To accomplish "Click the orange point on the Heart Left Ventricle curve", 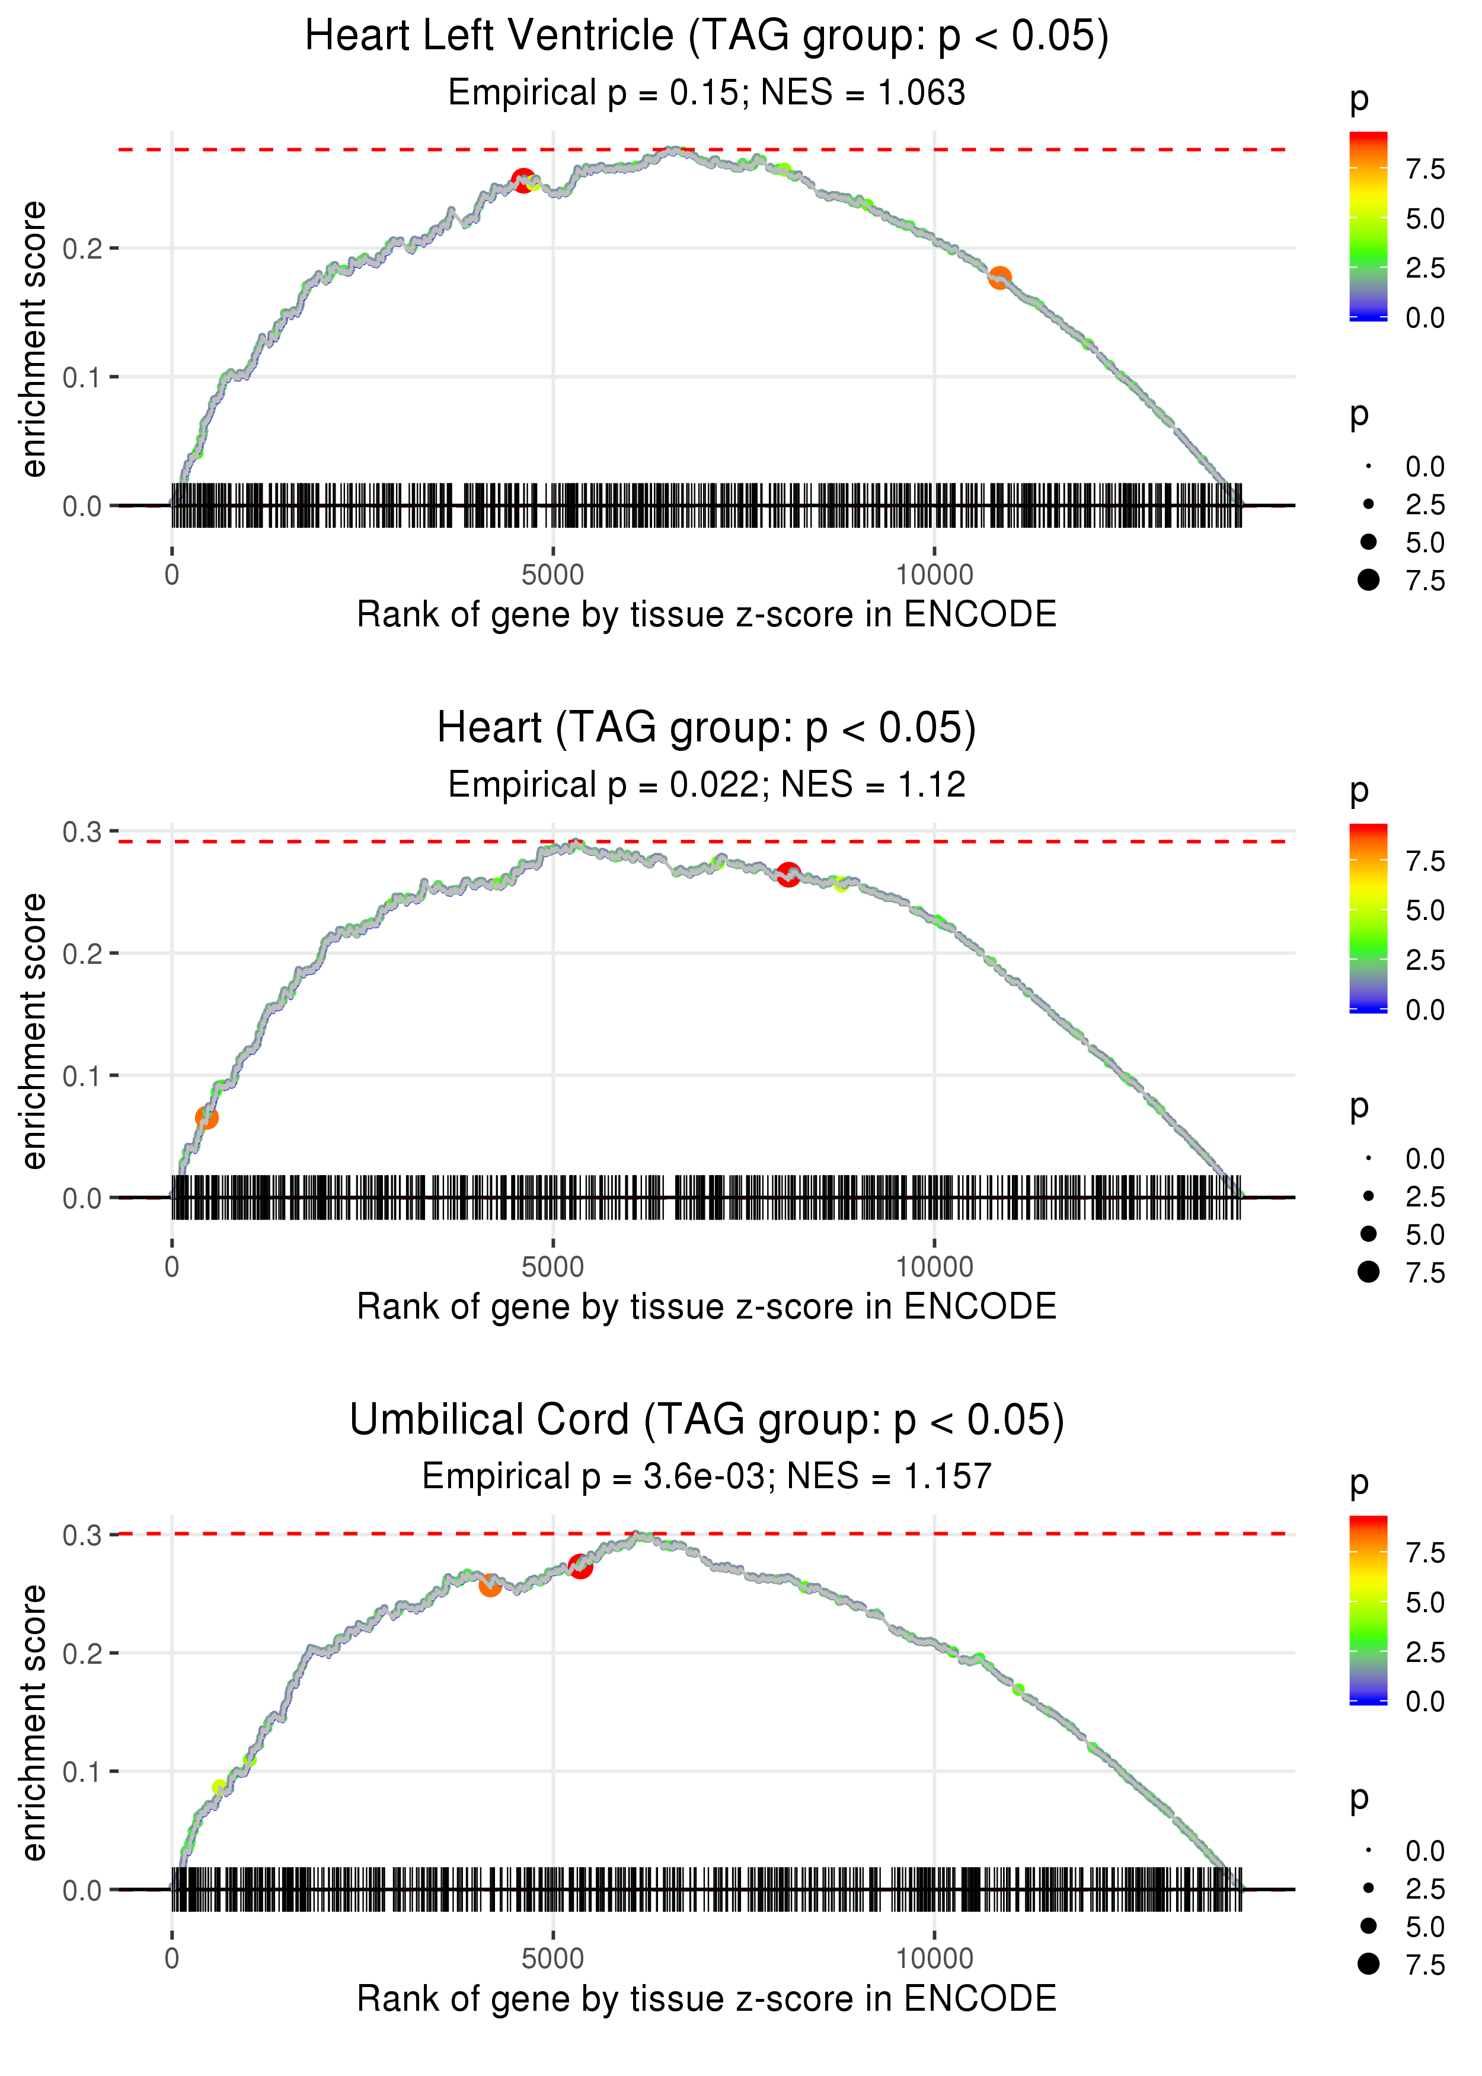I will [999, 278].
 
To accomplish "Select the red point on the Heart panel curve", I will [788, 874].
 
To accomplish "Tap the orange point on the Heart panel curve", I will [207, 1117].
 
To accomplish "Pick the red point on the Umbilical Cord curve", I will [580, 1566].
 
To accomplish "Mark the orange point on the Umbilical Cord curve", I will [490, 1585].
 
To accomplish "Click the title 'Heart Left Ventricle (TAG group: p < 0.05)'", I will [707, 37].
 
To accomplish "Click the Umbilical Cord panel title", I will [707, 1421].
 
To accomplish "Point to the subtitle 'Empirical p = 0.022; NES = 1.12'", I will [707, 784].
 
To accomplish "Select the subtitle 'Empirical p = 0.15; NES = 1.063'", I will [707, 92].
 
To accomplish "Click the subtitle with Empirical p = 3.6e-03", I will [707, 1476].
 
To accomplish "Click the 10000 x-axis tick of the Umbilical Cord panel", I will [934, 1959].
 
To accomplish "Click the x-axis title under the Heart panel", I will [707, 1307].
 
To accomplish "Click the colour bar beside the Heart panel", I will [1368, 918].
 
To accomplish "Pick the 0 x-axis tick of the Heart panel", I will [171, 1267].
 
